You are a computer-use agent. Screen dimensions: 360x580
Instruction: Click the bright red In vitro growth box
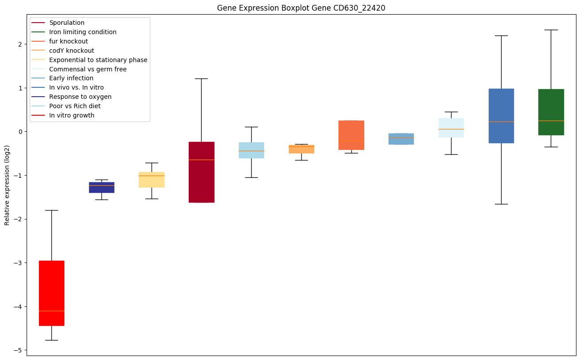(x=51, y=293)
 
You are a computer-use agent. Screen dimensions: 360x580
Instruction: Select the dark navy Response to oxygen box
(x=101, y=187)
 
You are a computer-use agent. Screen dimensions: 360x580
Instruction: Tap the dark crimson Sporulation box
(x=201, y=172)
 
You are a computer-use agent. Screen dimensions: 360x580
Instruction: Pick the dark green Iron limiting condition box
(x=551, y=112)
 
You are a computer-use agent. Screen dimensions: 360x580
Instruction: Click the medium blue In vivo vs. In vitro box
(x=501, y=116)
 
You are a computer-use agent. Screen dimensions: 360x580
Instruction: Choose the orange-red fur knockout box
(x=351, y=135)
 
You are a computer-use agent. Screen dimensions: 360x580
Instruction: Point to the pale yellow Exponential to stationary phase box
(x=152, y=180)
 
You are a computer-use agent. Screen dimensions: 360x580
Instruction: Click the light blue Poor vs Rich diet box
(x=251, y=150)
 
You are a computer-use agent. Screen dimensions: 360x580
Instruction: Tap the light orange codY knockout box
(x=301, y=149)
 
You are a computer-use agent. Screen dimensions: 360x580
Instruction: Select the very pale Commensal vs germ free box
(x=451, y=128)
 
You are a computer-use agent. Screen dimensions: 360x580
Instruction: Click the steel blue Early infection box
(x=401, y=139)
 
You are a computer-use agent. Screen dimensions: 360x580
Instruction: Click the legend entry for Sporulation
(x=67, y=23)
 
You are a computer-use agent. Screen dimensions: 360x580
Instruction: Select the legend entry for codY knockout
(x=71, y=51)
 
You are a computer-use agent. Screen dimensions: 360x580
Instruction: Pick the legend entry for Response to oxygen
(x=80, y=97)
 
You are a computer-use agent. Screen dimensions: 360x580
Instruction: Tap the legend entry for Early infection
(x=71, y=78)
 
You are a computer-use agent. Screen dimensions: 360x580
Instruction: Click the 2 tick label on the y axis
(x=20, y=44)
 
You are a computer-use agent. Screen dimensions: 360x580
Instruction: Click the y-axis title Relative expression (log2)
(x=7, y=185)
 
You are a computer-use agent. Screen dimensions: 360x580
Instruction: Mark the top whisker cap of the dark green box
(x=551, y=30)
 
